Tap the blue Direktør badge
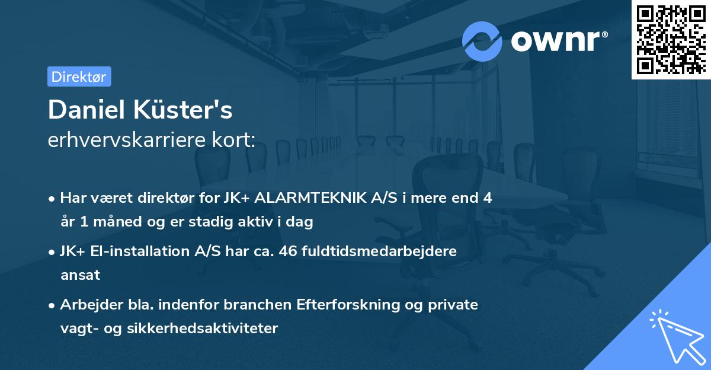79,76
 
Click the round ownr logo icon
482,41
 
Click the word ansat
80,275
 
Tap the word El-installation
143,251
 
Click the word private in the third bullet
456,305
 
